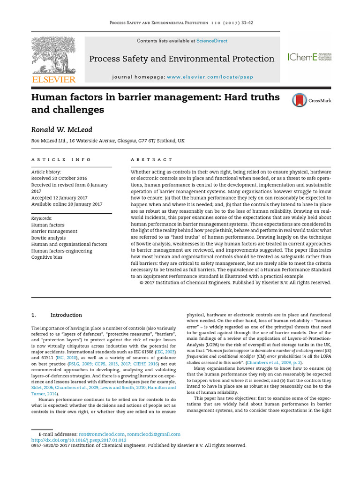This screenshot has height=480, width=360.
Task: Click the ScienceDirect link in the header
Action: [211, 41]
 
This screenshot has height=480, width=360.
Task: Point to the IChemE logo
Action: [309, 57]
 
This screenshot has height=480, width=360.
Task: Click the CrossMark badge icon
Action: [300, 100]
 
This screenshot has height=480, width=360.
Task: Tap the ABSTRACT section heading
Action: [151, 160]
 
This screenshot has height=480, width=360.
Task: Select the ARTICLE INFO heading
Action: [61, 160]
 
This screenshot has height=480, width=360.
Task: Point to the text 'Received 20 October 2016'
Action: [59, 179]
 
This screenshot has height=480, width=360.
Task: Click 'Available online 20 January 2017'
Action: [67, 204]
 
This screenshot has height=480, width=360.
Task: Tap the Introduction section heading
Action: [66, 315]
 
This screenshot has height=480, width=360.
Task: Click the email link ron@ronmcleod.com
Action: [102, 435]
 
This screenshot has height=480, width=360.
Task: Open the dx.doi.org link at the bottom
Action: [79, 440]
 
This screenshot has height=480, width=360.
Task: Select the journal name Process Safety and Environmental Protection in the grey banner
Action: [182, 59]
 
